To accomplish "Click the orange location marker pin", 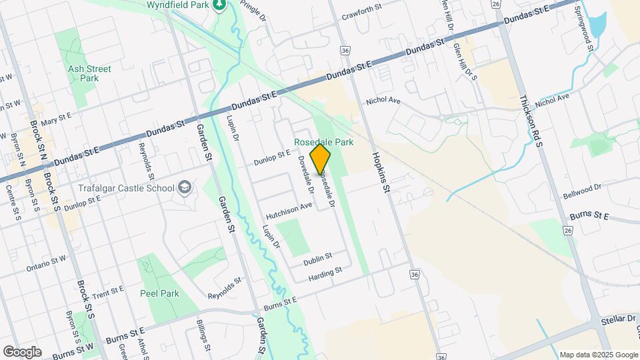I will (321, 159).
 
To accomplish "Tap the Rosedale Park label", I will (325, 142).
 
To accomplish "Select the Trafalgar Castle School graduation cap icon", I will (184, 188).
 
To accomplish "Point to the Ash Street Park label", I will (84, 73).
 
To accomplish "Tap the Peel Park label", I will (160, 293).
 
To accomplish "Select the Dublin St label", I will (319, 258).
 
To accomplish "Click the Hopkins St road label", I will (381, 171).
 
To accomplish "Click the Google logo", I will (21, 352).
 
